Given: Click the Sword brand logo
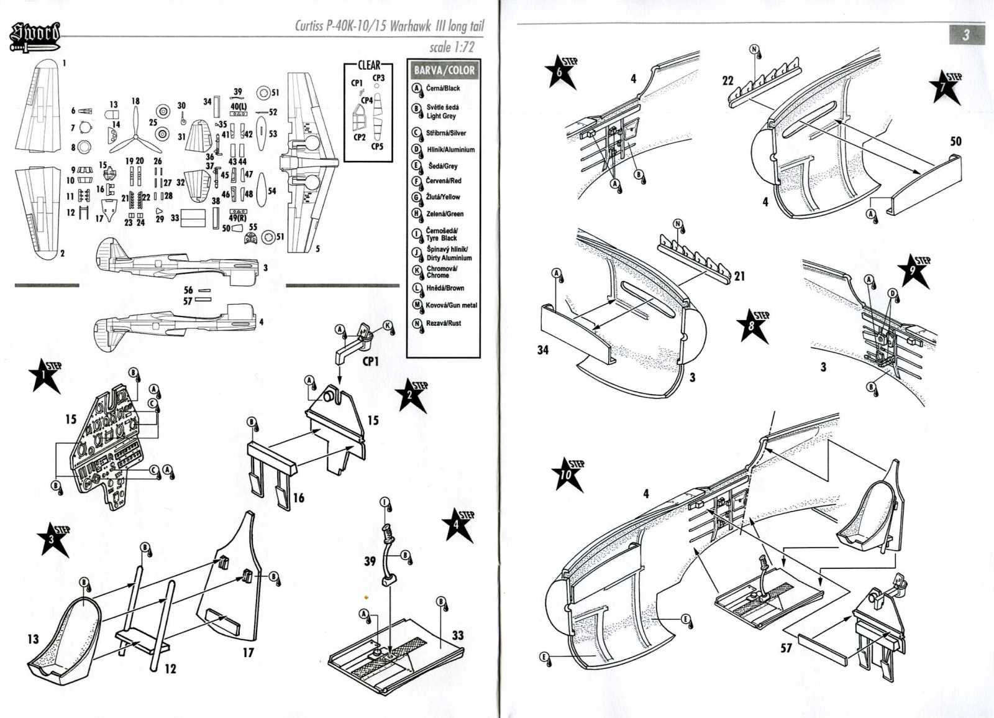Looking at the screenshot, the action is click(x=35, y=37).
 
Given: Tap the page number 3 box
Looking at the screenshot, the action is click(x=965, y=35).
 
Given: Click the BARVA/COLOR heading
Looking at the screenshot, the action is click(x=444, y=70).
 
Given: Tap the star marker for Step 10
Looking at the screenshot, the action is click(x=568, y=475).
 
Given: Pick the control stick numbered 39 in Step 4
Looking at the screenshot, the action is click(x=391, y=555).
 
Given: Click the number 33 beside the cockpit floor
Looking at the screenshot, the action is click(x=458, y=635).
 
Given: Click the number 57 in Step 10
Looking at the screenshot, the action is click(x=786, y=648).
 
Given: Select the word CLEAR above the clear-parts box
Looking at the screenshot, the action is click(x=369, y=65).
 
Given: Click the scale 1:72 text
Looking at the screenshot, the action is click(x=452, y=47).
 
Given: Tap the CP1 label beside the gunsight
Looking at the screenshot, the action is click(x=370, y=361).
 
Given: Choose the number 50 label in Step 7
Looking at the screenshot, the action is click(x=956, y=142).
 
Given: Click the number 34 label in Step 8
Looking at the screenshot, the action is click(x=543, y=350).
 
